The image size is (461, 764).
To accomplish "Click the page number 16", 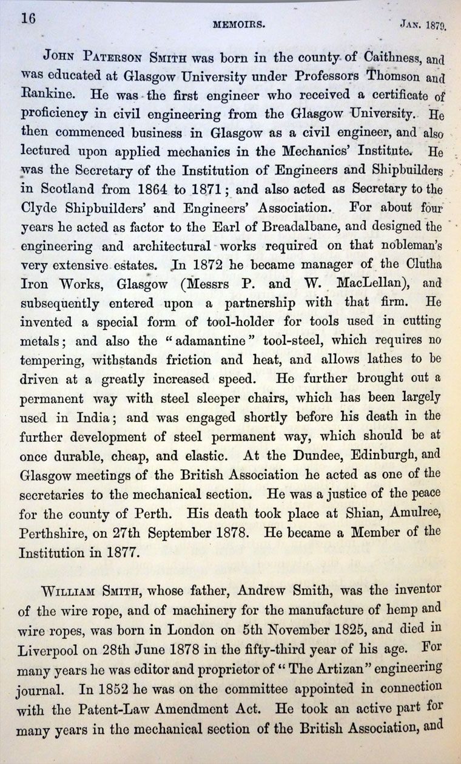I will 29,18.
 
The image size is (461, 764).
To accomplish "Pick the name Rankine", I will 46,95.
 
